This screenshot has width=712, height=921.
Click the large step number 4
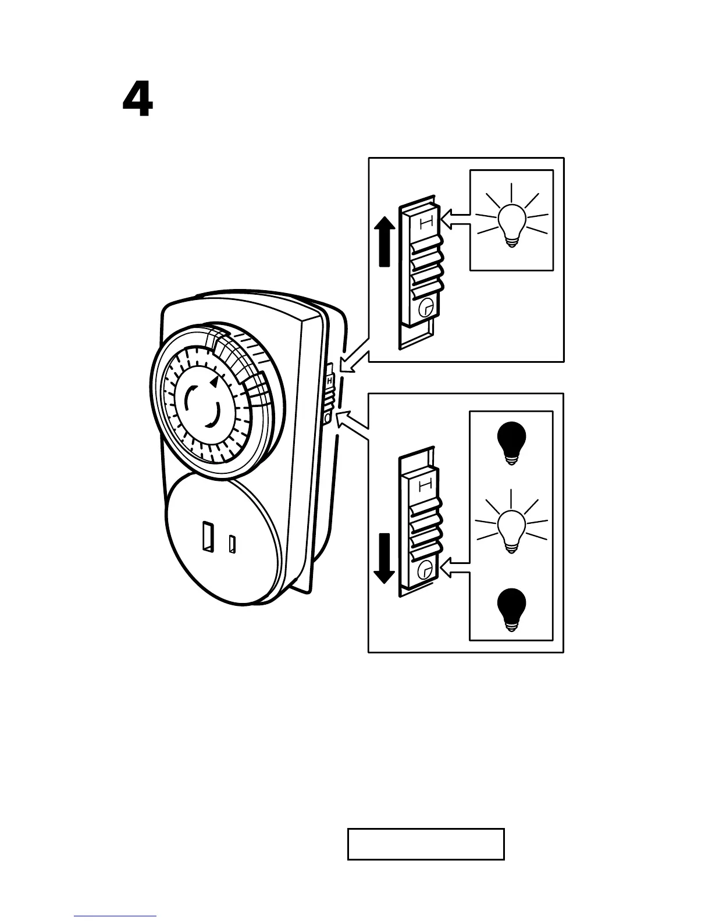point(138,99)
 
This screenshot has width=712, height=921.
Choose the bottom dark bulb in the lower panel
point(512,609)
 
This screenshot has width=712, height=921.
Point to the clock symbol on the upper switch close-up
point(426,306)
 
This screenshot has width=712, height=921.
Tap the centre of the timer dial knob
point(203,406)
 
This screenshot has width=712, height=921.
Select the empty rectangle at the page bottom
point(425,844)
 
